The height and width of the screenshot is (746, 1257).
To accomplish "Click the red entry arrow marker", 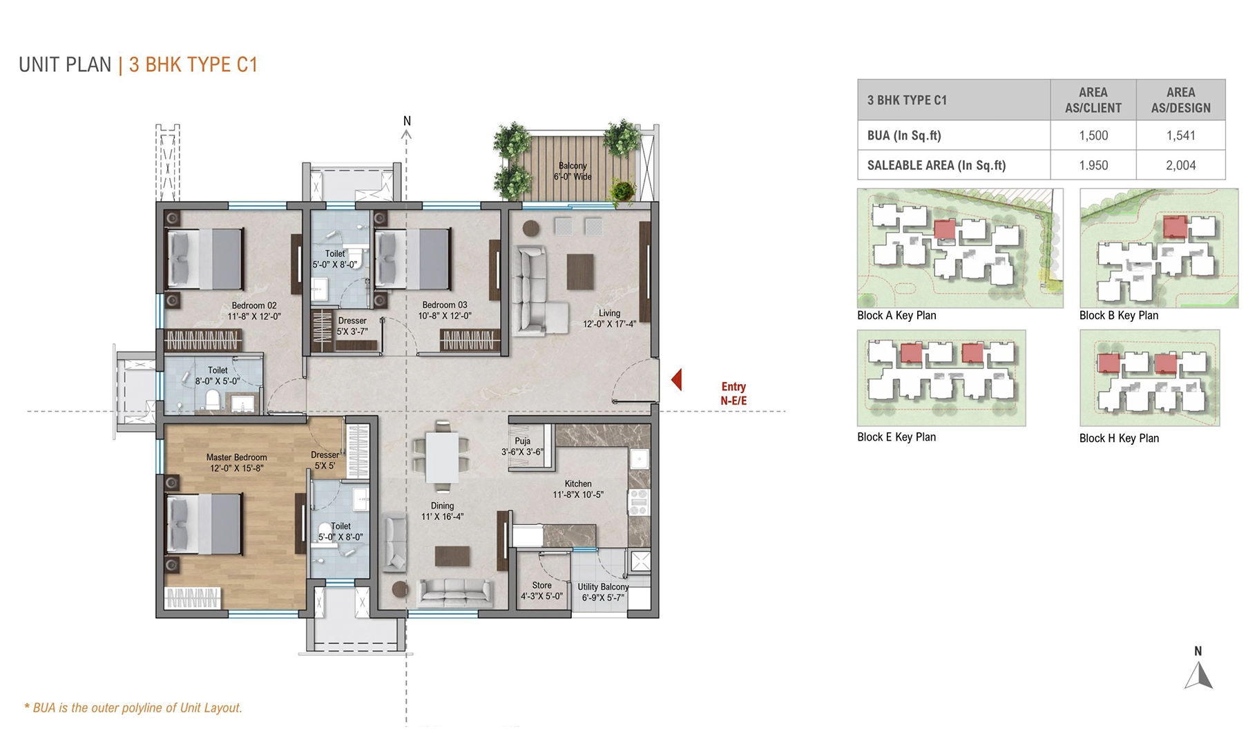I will coord(677,379).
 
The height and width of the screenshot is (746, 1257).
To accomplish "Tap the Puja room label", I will coord(522,441).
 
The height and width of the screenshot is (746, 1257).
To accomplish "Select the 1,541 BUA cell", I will coord(1180,135).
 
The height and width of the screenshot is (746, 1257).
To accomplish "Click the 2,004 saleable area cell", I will coord(1180,165).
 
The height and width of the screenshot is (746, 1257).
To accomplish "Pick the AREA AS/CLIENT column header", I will coord(1093,100).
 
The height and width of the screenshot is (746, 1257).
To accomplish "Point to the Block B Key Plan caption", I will coord(1118,316).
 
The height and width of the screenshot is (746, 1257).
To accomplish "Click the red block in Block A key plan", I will coord(944,229).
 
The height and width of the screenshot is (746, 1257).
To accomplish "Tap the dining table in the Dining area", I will coord(442,457).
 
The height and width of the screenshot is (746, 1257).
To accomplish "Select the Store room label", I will coord(541,585).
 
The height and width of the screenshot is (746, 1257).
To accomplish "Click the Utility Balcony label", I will coord(603,587).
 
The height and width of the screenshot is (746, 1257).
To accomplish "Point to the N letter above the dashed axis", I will coord(407,121).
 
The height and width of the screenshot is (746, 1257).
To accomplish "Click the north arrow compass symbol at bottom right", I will coord(1199,675).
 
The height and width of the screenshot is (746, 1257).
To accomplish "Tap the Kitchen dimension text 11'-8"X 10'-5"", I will coord(577,495).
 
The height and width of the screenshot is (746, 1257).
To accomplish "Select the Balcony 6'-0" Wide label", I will coord(573,171).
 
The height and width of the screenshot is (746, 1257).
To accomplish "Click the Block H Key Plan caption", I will coord(1119,439).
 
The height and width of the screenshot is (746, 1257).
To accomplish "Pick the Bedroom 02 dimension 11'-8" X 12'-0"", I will coord(254,316).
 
